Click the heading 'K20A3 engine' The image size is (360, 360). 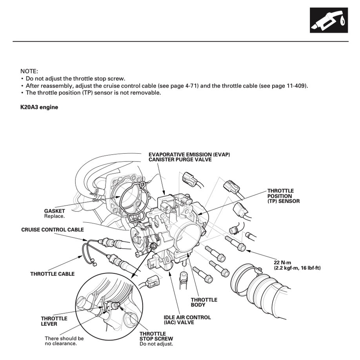39,107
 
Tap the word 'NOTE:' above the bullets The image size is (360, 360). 29,71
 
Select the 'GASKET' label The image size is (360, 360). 55,211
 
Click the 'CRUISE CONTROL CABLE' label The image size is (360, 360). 53,230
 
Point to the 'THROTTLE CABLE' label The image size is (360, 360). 52,274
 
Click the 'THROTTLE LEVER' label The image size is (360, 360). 54,321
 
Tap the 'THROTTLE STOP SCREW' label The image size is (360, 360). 156,336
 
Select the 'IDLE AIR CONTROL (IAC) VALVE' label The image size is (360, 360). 187,320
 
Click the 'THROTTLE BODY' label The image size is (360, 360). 204,302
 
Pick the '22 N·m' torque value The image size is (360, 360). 282,262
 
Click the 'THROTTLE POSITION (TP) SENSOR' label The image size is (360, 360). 284,196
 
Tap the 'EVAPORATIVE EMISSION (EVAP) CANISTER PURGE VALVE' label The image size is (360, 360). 189,157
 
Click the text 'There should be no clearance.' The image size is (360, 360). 64,341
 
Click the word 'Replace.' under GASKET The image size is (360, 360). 55,216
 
